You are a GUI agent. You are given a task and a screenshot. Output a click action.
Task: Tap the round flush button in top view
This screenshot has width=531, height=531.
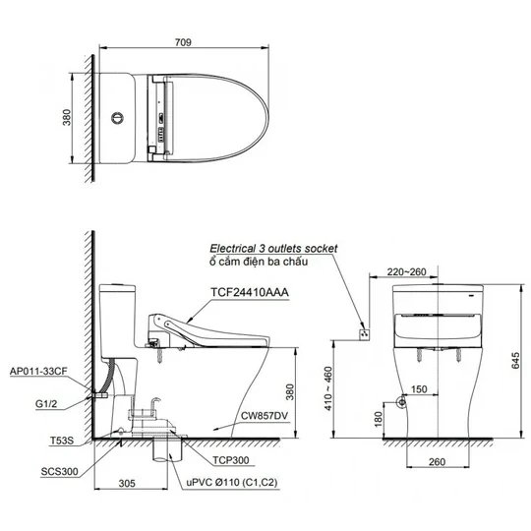coord(119,117)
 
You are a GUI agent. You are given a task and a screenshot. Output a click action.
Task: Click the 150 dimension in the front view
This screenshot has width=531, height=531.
coord(417,389)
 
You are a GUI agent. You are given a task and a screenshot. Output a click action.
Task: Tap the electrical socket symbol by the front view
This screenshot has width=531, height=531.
coord(365,333)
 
